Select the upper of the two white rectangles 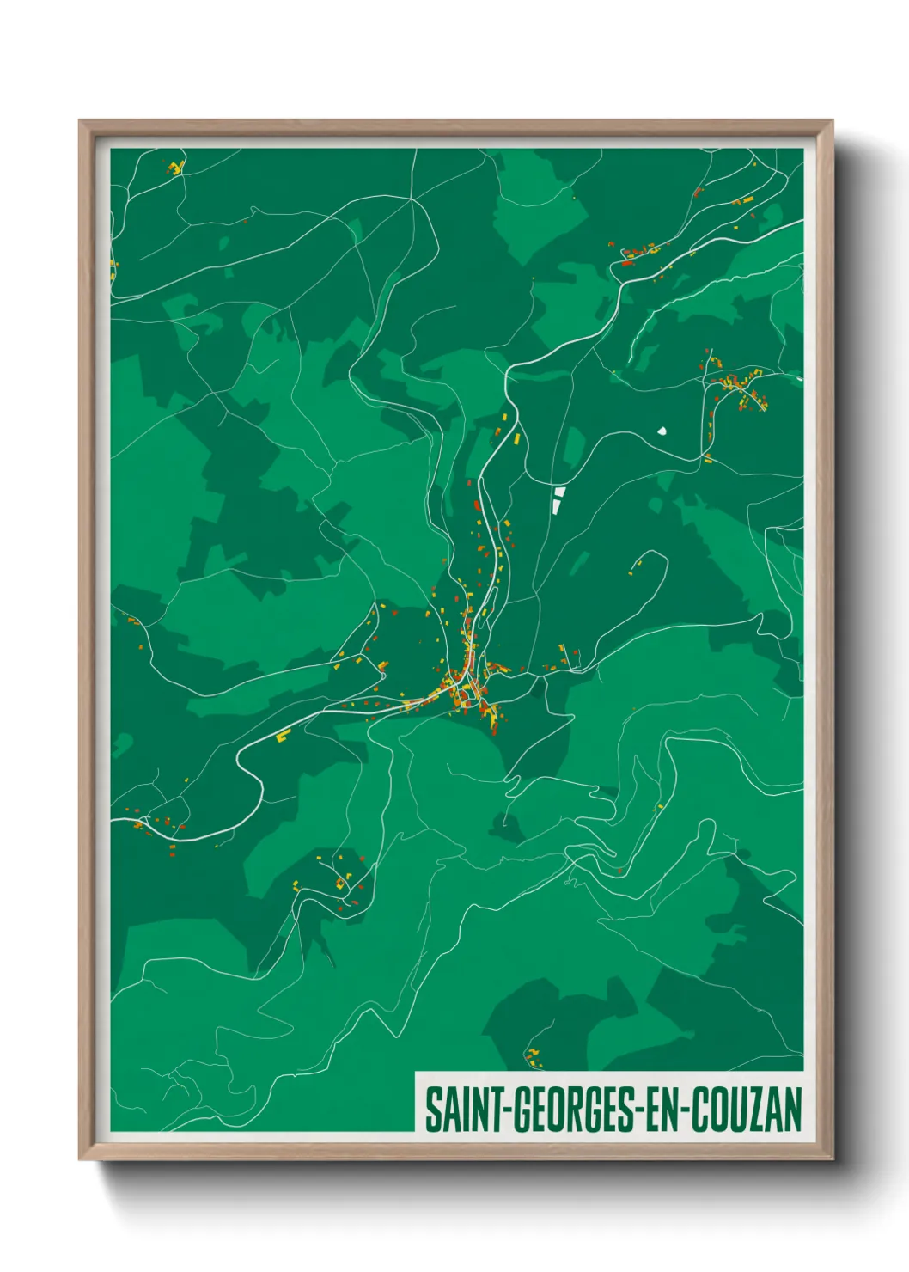click(560, 492)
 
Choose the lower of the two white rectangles click(557, 505)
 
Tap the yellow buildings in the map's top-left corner click(176, 167)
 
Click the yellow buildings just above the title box click(534, 1057)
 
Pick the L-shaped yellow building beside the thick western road click(284, 736)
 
